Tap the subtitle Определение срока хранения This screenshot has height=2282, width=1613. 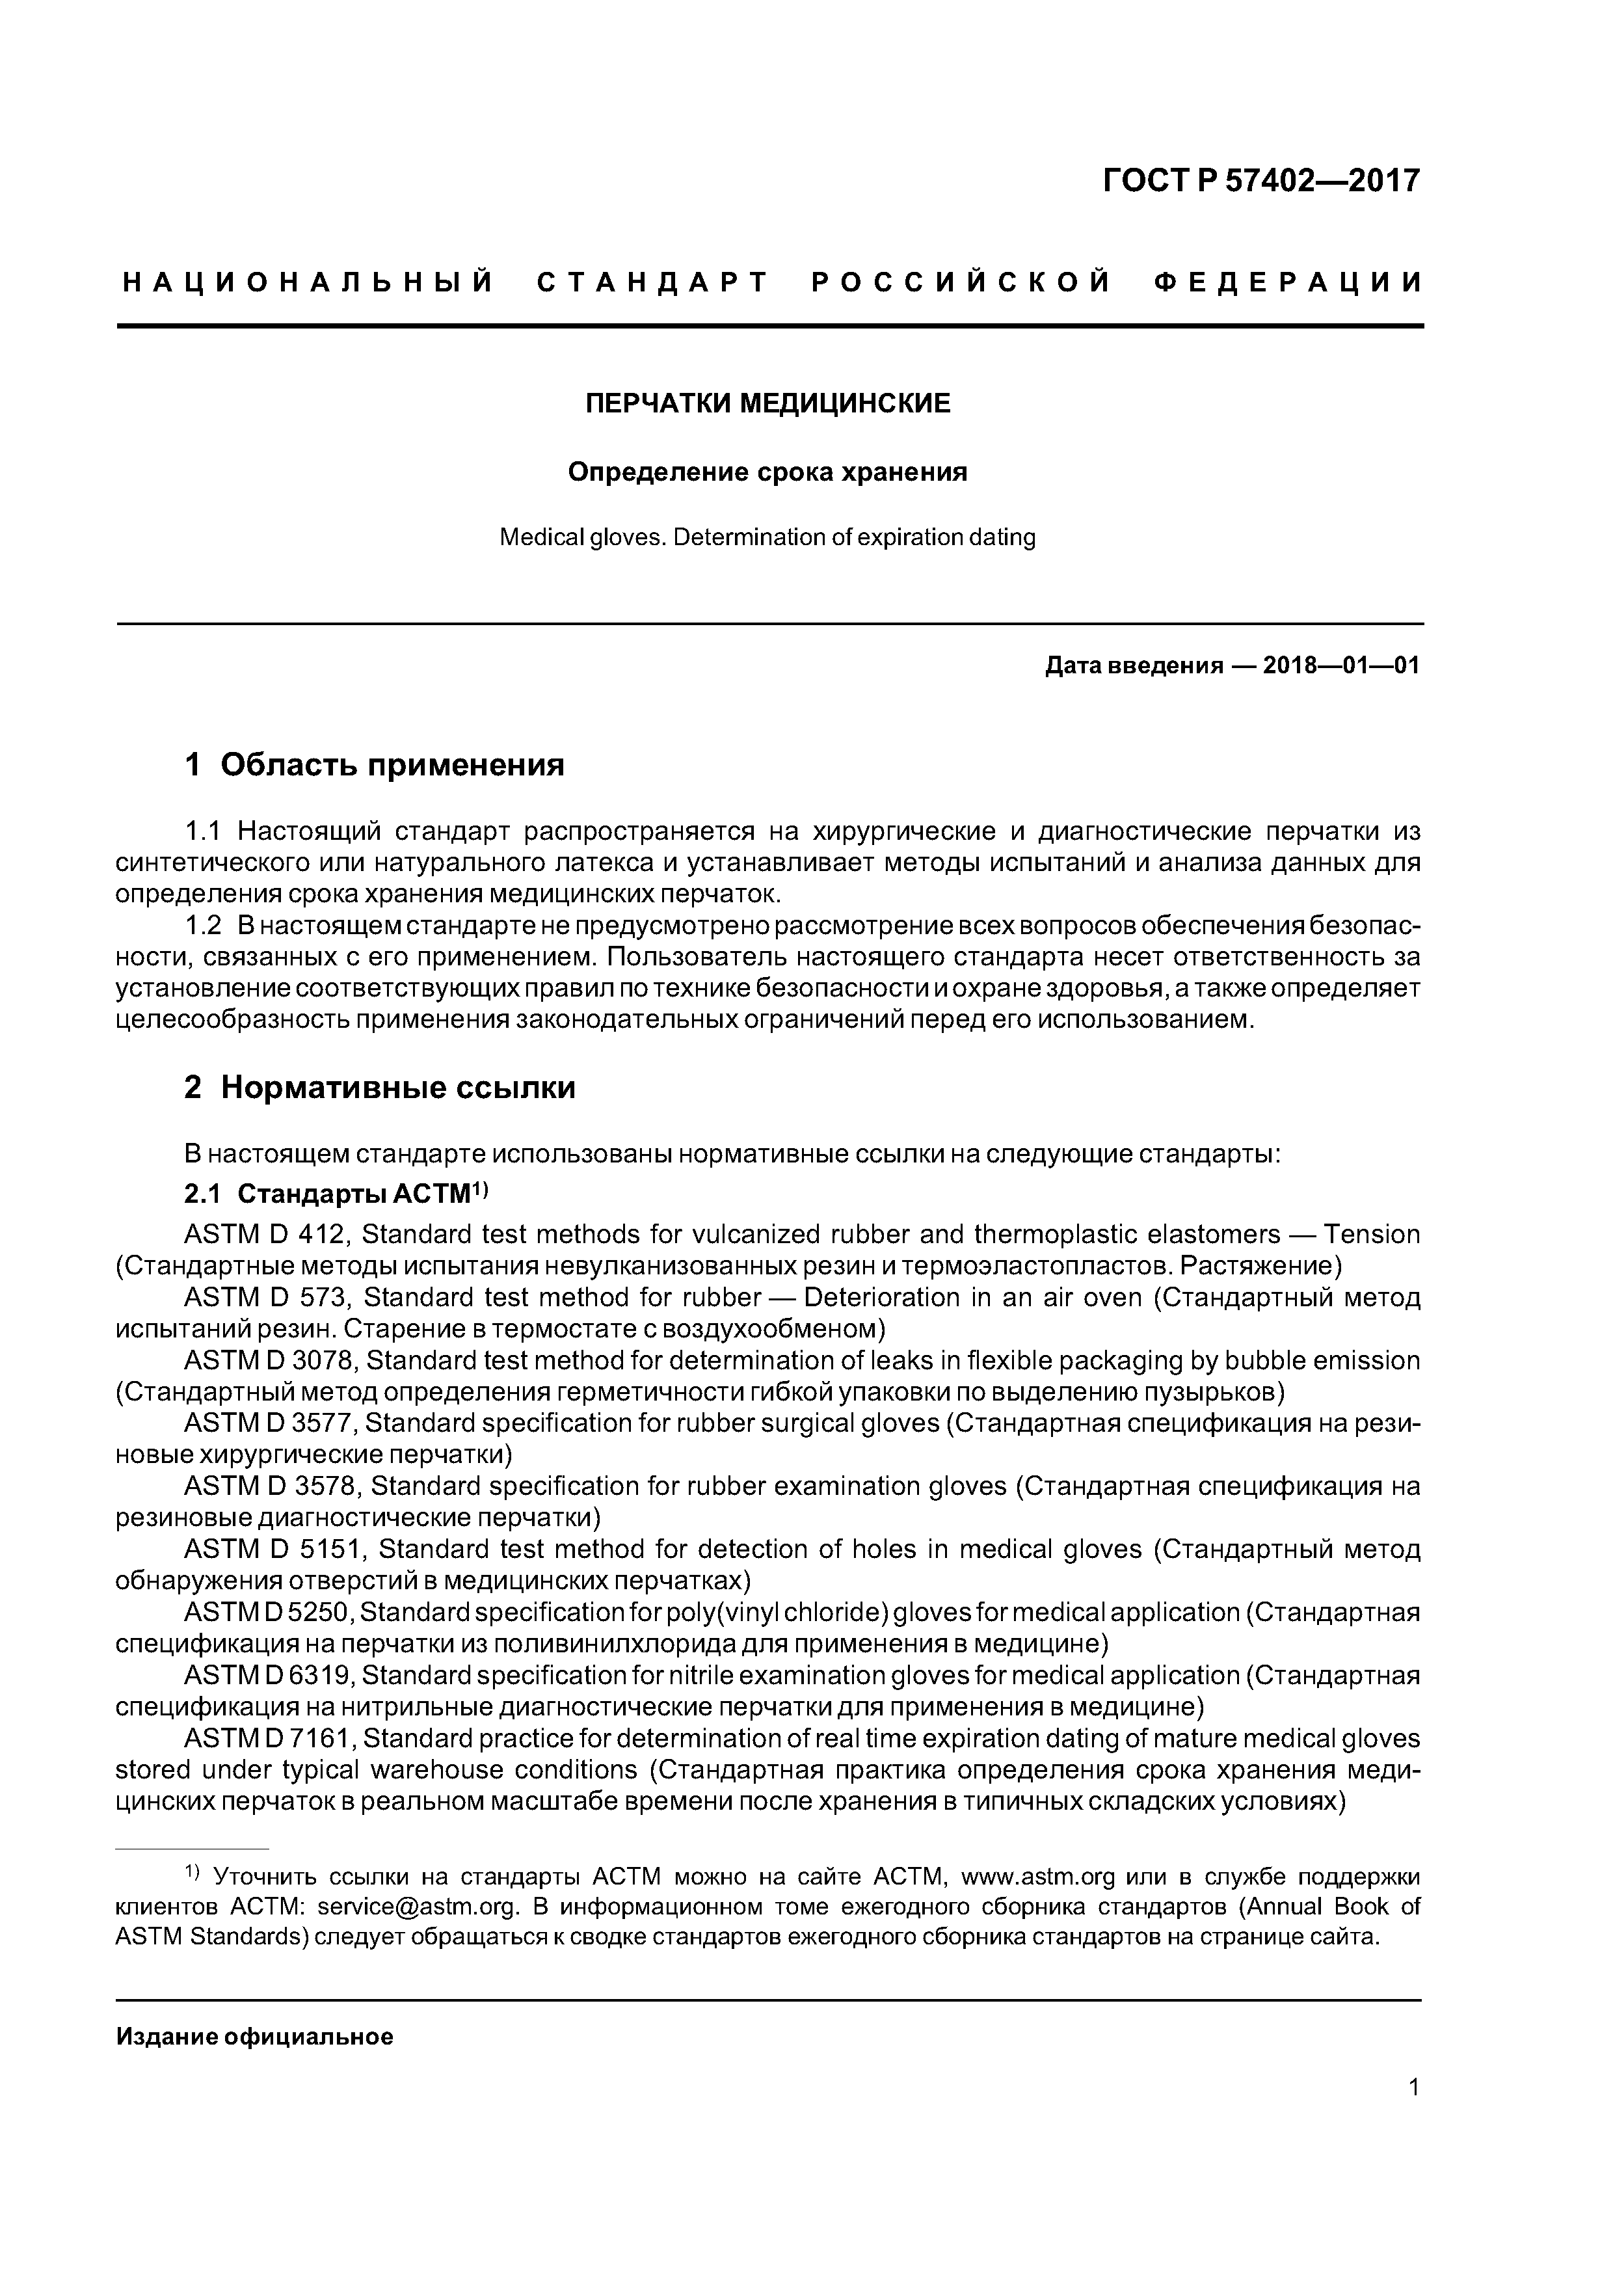(767, 472)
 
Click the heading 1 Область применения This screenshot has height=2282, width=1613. (374, 764)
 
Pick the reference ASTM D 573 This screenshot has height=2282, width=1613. (267, 1298)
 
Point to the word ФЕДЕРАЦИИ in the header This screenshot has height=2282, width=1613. (1289, 283)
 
